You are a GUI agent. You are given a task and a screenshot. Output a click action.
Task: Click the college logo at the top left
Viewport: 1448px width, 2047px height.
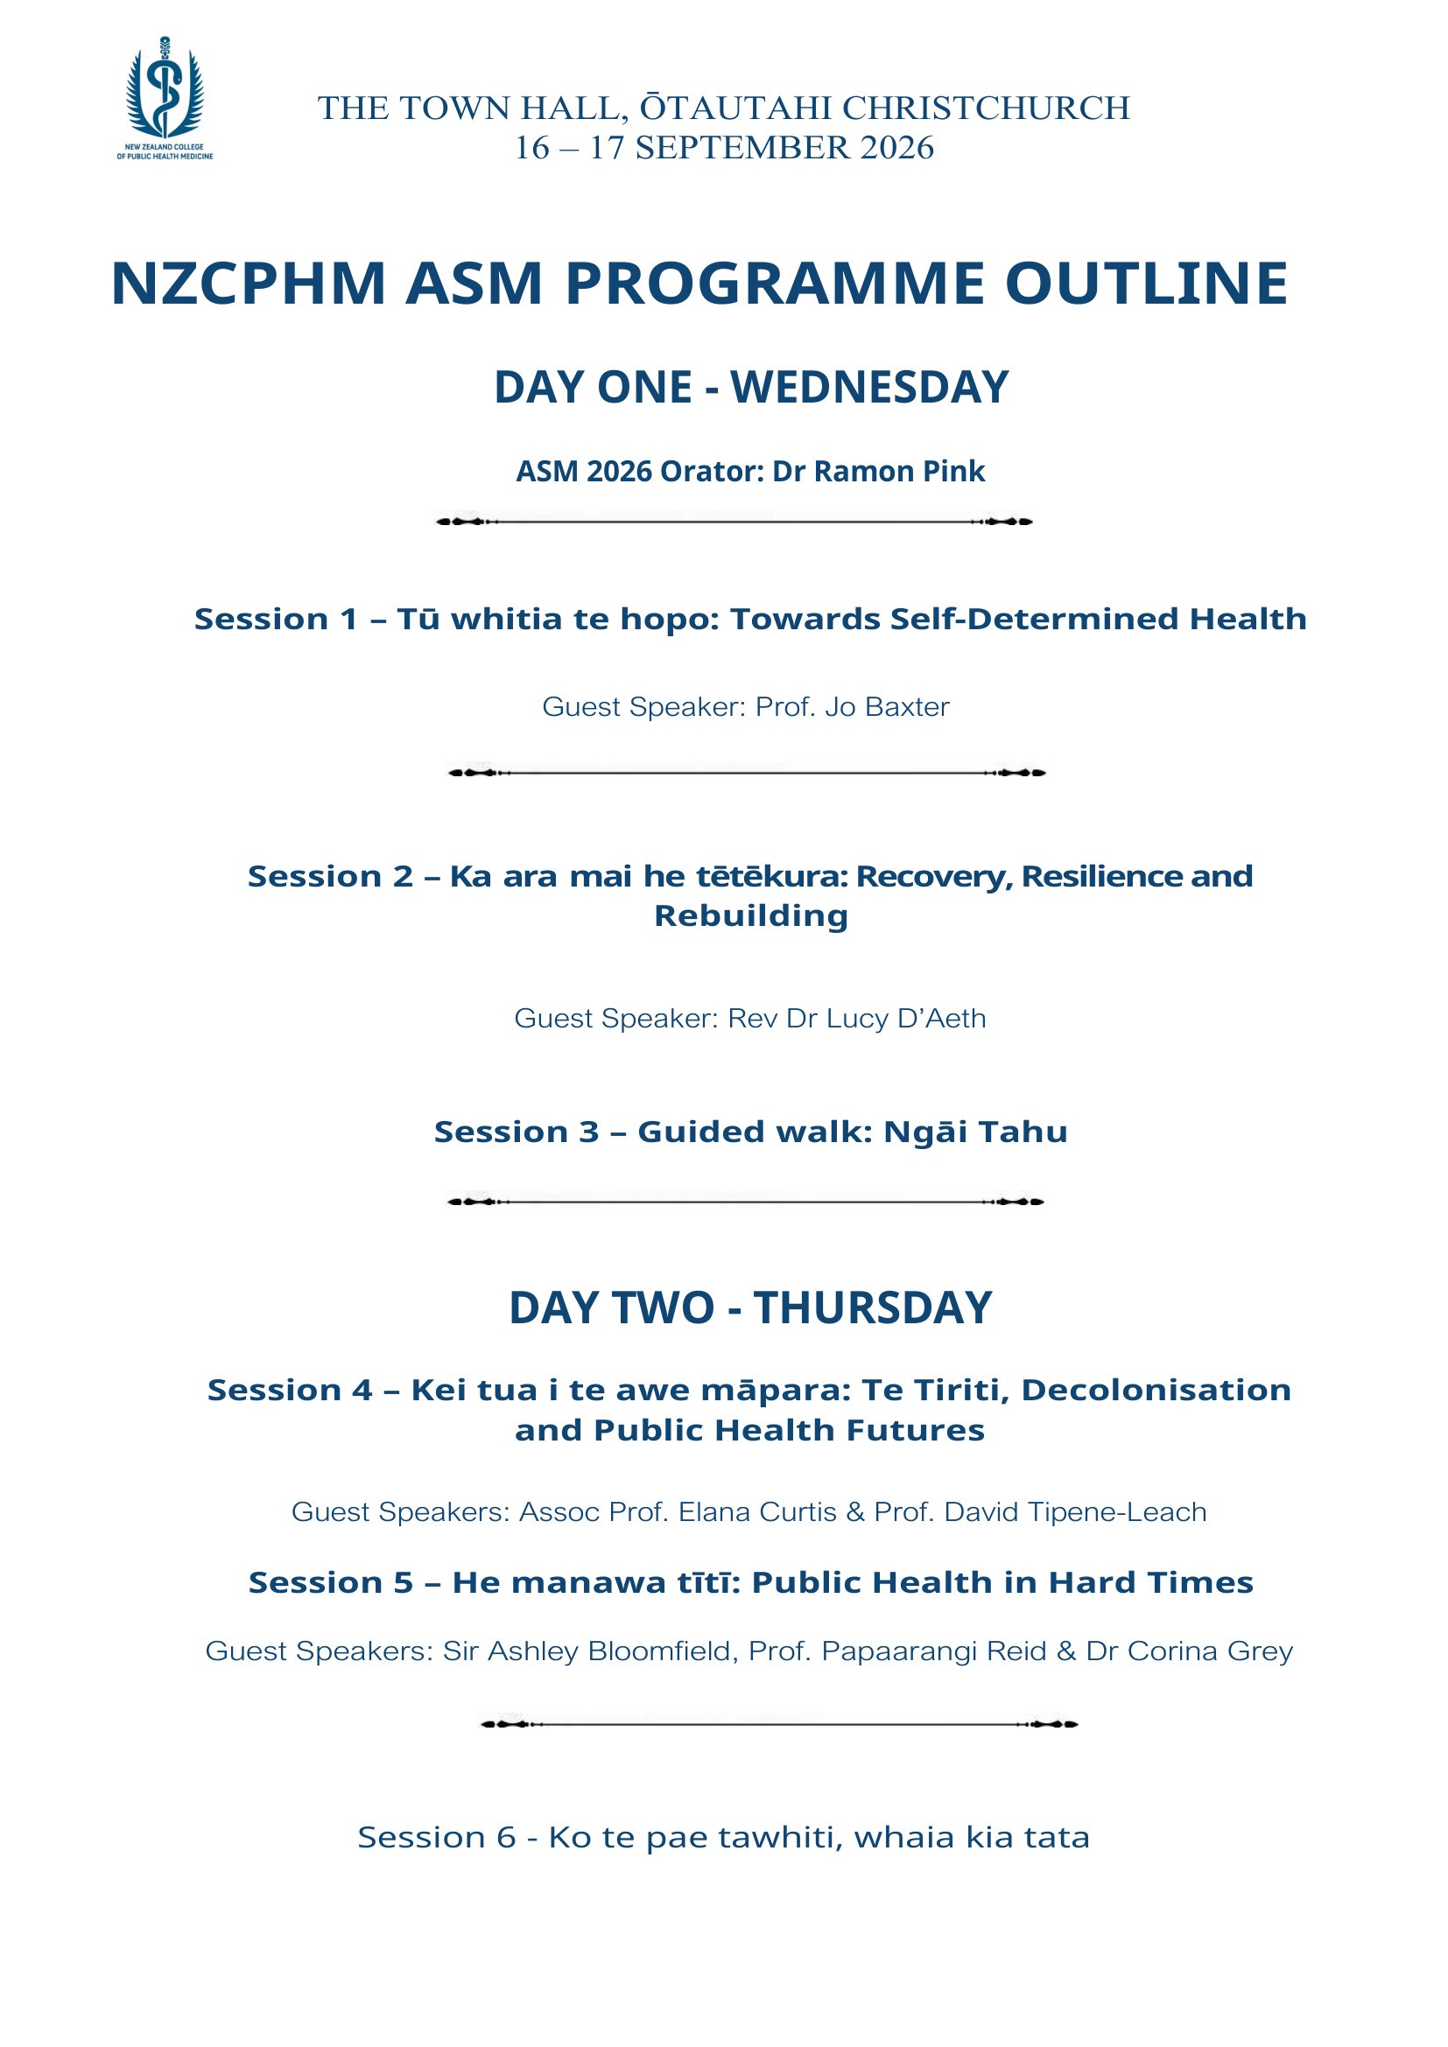pyautogui.click(x=165, y=98)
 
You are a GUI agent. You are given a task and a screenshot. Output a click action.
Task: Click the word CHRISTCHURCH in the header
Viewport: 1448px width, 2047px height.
pyautogui.click(x=986, y=108)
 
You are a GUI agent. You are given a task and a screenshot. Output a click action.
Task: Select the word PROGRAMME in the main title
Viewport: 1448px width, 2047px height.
pyautogui.click(x=774, y=284)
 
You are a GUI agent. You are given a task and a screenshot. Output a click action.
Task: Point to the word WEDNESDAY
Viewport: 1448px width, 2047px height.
pyautogui.click(x=869, y=387)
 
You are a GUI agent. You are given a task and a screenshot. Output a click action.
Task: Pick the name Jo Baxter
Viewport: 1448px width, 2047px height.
pyautogui.click(x=887, y=707)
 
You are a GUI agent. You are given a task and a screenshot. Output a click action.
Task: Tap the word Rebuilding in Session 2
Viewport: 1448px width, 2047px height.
pyautogui.click(x=751, y=916)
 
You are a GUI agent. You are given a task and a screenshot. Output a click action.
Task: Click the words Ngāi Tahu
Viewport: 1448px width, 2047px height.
pyautogui.click(x=975, y=1132)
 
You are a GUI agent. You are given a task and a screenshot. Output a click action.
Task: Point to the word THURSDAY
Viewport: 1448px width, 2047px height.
pyautogui.click(x=873, y=1307)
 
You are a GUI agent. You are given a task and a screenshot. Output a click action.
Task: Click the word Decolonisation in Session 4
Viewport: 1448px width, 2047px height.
pyautogui.click(x=1156, y=1390)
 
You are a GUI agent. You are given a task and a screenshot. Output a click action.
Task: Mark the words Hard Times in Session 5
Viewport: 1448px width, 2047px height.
pyautogui.click(x=1151, y=1582)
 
